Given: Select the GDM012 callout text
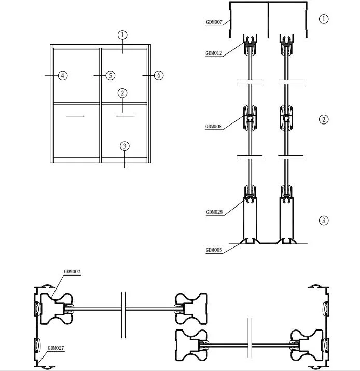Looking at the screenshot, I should [214, 53].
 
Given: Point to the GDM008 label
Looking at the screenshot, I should [214, 127].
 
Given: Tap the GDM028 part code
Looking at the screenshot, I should [214, 212].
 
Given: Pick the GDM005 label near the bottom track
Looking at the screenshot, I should [214, 250].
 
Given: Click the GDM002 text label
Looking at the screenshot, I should [72, 271].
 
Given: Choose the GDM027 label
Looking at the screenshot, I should [56, 348].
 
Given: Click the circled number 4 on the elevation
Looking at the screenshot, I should [63, 76].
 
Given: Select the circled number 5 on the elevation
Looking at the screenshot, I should [110, 76].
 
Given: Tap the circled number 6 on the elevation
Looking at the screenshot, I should [159, 76].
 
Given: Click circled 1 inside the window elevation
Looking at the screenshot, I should [122, 35].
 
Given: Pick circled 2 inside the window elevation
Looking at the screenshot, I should [122, 93].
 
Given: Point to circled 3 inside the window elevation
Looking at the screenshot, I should [124, 146].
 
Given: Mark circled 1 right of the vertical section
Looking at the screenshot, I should [324, 19].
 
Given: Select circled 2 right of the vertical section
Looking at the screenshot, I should [324, 119].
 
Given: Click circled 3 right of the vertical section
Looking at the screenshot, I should [324, 220].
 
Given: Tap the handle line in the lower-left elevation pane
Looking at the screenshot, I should [76, 116].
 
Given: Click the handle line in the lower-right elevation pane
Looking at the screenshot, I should [124, 116].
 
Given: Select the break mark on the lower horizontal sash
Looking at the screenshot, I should [251, 344].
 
